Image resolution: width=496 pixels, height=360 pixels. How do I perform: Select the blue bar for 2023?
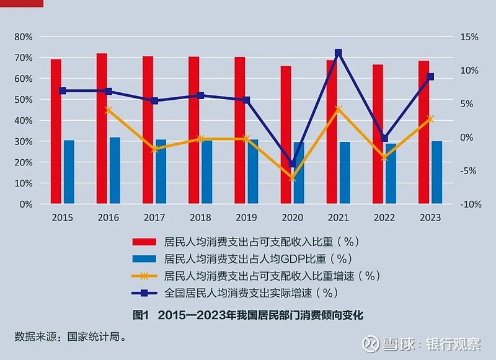click(x=436, y=172)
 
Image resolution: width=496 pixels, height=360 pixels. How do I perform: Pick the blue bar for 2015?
click(x=69, y=172)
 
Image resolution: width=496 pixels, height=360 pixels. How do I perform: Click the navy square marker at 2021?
click(x=339, y=53)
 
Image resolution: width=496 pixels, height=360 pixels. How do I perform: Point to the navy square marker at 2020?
click(x=292, y=164)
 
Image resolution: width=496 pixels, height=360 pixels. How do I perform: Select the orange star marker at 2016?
click(x=108, y=110)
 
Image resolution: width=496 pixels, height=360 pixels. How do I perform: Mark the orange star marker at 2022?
click(x=384, y=157)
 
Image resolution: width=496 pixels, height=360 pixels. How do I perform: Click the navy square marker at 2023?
click(x=430, y=77)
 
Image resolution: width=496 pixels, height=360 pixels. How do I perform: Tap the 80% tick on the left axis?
click(x=23, y=37)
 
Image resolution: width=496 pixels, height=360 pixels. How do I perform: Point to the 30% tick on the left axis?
click(x=23, y=141)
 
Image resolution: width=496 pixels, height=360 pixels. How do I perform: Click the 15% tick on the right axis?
click(x=469, y=37)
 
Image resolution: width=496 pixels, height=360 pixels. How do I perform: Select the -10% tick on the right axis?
click(x=468, y=204)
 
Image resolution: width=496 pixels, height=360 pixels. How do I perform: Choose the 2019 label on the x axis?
click(x=246, y=217)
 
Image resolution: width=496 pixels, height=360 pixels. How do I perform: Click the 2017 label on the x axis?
click(x=154, y=217)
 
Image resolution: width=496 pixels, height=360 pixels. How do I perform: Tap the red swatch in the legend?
click(x=144, y=241)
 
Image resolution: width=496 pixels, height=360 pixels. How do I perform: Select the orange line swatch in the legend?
click(x=144, y=276)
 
